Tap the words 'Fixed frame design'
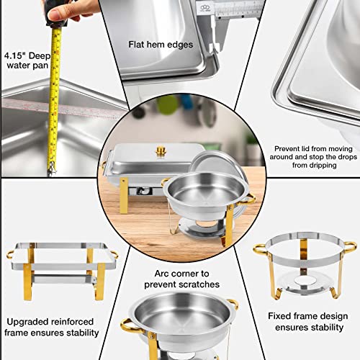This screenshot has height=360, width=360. point(303,315)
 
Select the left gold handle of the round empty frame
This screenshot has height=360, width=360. point(260,249)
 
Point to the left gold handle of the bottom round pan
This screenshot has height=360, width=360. point(128,328)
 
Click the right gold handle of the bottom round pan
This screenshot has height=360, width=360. point(233,305)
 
